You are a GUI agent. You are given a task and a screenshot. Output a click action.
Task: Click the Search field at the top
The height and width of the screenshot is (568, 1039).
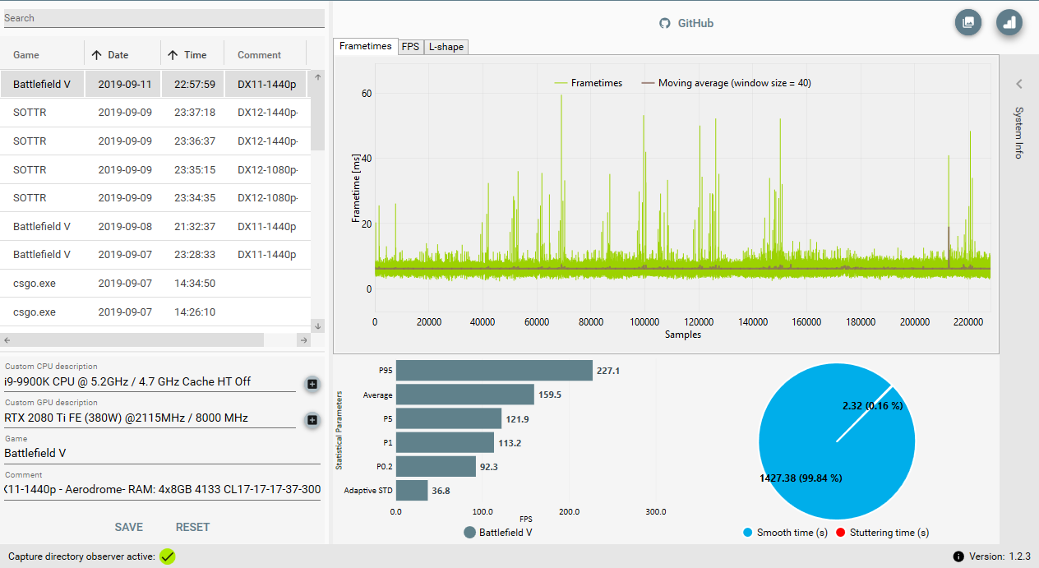tap(164, 18)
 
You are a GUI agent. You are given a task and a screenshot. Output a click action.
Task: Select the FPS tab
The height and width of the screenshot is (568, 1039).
tap(410, 47)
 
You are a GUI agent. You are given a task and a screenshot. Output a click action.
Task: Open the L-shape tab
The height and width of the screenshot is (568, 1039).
tap(446, 47)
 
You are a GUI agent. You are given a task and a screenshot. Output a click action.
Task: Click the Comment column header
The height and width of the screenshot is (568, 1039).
tap(259, 55)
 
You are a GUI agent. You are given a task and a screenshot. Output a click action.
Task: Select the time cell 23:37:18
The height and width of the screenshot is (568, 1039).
tap(195, 113)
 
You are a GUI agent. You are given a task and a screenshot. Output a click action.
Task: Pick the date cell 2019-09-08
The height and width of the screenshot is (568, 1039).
tap(125, 226)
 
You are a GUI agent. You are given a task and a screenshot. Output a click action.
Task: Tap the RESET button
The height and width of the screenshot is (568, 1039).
tap(192, 527)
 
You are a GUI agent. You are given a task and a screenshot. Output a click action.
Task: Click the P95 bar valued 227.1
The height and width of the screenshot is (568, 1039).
tap(494, 371)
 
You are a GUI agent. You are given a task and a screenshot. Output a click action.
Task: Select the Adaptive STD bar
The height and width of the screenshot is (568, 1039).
tap(412, 491)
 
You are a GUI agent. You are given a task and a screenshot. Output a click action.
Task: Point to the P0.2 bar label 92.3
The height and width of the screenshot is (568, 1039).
tap(489, 467)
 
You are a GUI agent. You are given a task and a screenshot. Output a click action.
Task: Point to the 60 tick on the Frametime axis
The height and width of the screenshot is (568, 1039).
tap(367, 94)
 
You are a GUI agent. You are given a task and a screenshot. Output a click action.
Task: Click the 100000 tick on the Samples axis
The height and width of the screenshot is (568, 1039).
tap(644, 322)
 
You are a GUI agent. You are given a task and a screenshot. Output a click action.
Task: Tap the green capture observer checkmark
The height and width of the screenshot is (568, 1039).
tap(167, 556)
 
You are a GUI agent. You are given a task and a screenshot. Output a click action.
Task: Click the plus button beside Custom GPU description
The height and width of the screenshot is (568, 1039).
tap(312, 420)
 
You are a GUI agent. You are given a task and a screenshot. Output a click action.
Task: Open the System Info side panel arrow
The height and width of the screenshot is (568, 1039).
tap(1018, 84)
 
